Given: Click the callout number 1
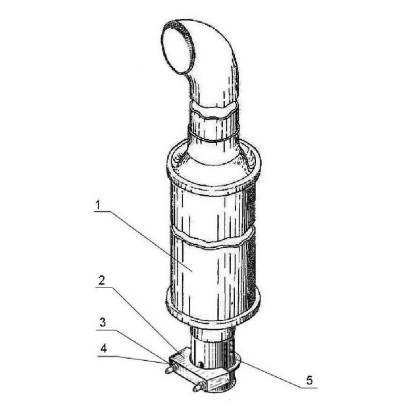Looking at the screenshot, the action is (98, 205).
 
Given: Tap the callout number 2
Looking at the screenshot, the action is (101, 280).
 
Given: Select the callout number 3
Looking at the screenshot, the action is (103, 322).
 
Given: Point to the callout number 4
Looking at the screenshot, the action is (103, 349).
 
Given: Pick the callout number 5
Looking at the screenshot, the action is (309, 380).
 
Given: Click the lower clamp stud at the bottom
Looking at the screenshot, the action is (199, 387).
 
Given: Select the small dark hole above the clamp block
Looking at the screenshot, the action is (201, 364).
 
